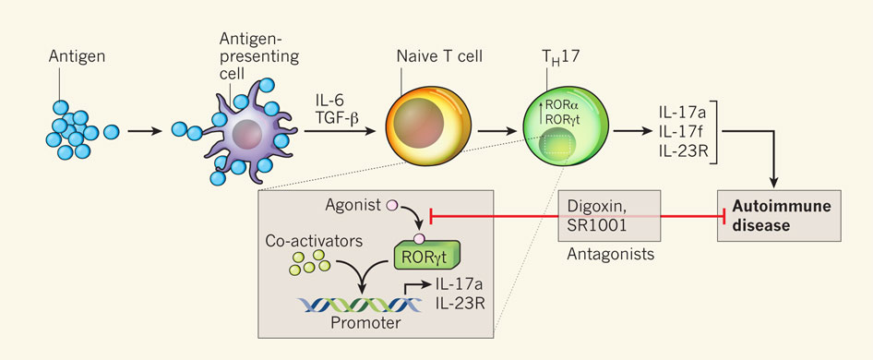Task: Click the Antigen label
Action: click(77, 56)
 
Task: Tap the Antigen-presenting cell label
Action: click(259, 55)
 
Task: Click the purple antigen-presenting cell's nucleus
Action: click(246, 134)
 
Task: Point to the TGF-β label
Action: click(336, 117)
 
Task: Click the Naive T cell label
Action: click(433, 57)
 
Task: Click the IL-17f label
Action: click(681, 131)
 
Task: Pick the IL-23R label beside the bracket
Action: click(682, 150)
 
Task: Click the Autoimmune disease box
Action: click(779, 216)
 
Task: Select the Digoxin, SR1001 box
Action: click(609, 216)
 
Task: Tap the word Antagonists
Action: click(610, 256)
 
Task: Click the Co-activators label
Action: click(315, 241)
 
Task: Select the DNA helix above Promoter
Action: click(359, 305)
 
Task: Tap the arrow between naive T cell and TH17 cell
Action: click(497, 131)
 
